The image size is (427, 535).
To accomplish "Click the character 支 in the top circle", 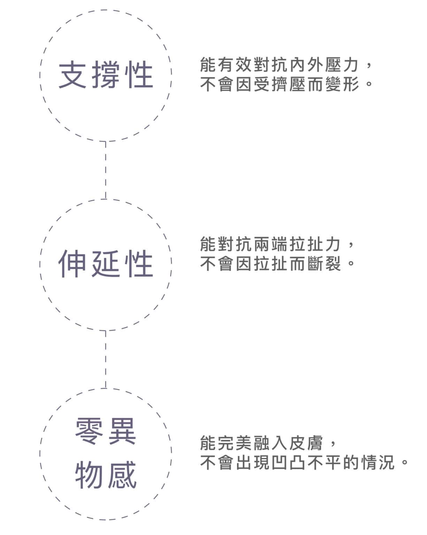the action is pyautogui.click(x=72, y=74).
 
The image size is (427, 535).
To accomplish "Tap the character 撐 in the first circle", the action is pyautogui.click(x=106, y=74).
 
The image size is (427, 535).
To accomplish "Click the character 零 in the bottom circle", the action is pyautogui.click(x=89, y=431).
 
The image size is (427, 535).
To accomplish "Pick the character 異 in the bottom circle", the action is pyautogui.click(x=122, y=431).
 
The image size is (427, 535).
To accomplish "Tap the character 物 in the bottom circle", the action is pyautogui.click(x=89, y=475).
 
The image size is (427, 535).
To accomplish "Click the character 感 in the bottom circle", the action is pyautogui.click(x=122, y=475).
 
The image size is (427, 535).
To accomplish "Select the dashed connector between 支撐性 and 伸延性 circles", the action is pyautogui.click(x=106, y=170).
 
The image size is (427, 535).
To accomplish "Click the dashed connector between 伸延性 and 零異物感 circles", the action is pyautogui.click(x=106, y=359).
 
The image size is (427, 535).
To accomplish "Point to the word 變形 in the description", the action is pyautogui.click(x=342, y=84).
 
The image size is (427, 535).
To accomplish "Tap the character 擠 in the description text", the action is pyautogui.click(x=280, y=84).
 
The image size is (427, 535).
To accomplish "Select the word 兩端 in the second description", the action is pyautogui.click(x=270, y=244).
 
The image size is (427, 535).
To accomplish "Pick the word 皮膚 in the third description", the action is pyautogui.click(x=306, y=443).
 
